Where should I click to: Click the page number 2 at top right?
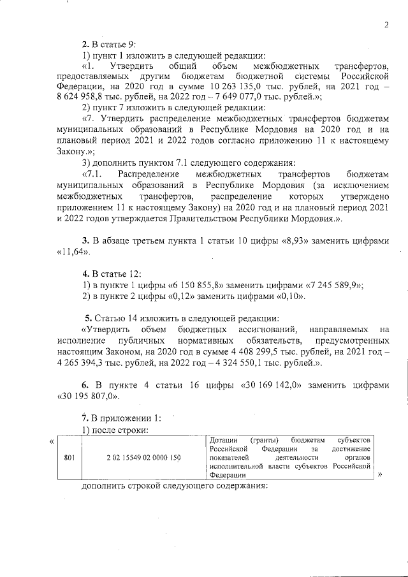[x=386, y=25]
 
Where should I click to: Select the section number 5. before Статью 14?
[x=89, y=318]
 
